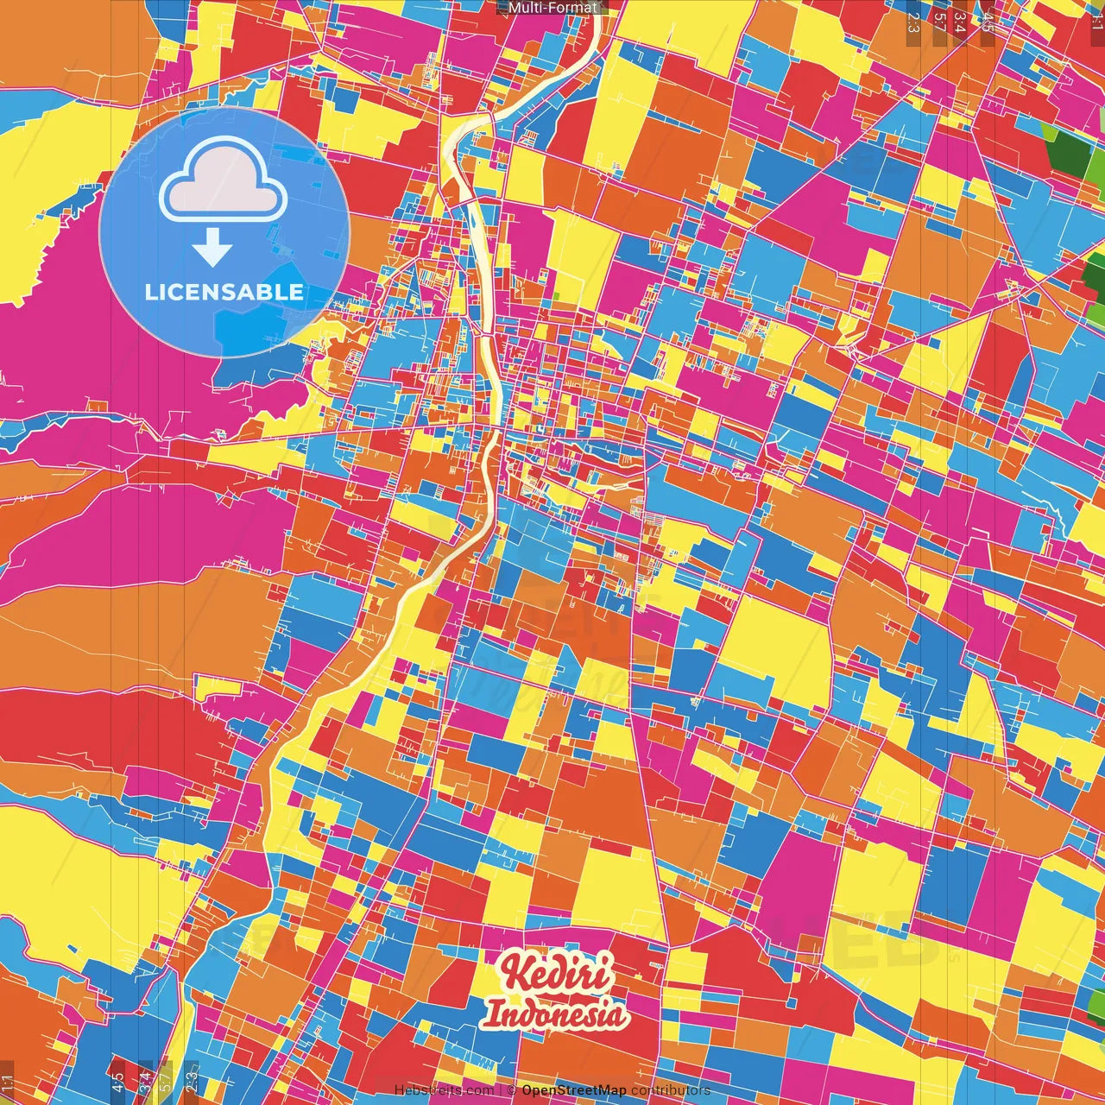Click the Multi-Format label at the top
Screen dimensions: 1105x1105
[x=552, y=8]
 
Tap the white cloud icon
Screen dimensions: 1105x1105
[x=223, y=182]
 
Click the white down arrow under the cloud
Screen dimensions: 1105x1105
[x=212, y=249]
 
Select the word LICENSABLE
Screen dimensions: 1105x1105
[x=224, y=292]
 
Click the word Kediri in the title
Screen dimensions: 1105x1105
[x=559, y=974]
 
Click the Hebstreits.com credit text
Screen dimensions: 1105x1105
[x=444, y=1090]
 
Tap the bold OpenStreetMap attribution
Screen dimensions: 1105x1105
[x=573, y=1090]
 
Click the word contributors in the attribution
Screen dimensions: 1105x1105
[x=671, y=1090]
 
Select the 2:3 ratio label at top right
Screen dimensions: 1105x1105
[x=912, y=22]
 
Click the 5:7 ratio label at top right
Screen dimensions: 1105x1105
[x=939, y=22]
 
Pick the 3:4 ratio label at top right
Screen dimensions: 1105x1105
[x=960, y=22]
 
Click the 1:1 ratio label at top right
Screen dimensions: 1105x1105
[x=1096, y=19]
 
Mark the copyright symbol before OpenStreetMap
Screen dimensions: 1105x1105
[x=511, y=1090]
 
